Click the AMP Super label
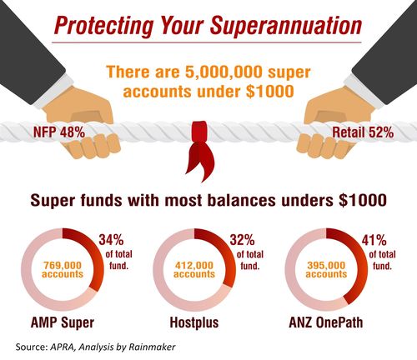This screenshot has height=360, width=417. click(65, 323)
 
